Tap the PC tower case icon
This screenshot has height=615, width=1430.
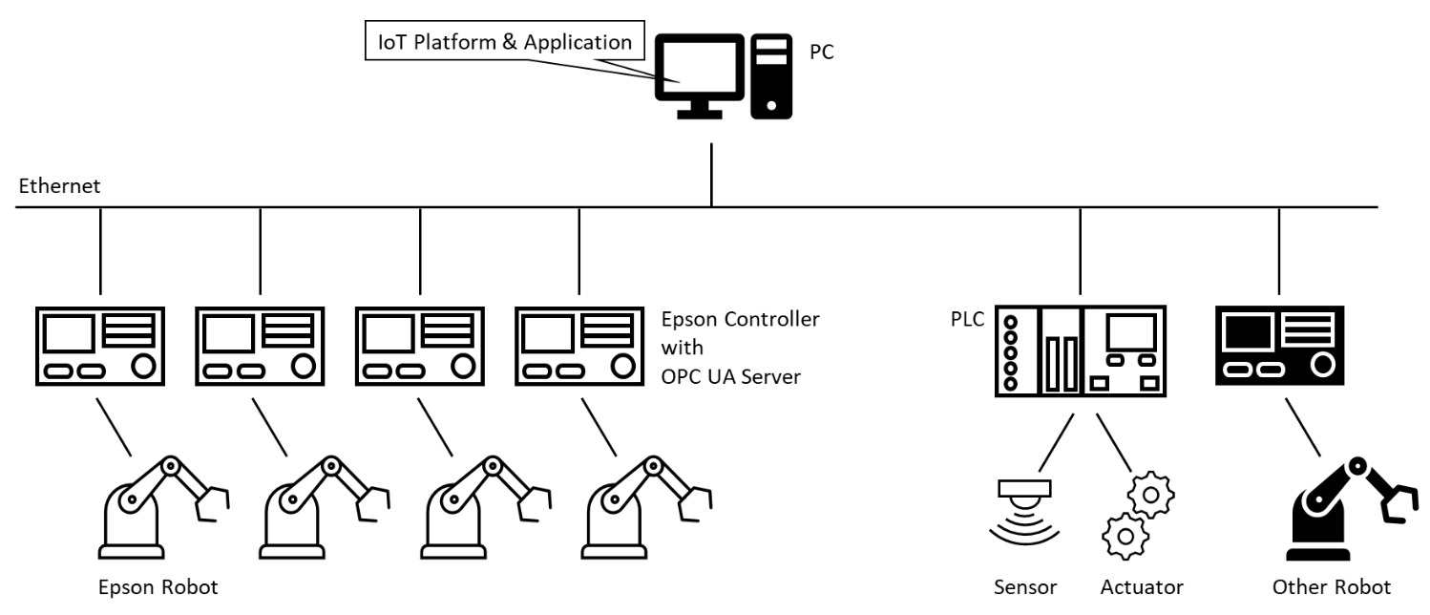coord(771,76)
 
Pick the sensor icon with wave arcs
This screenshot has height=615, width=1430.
coord(1022,512)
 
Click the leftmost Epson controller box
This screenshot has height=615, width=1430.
coord(99,346)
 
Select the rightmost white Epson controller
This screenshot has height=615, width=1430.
coord(578,346)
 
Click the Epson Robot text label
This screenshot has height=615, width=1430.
coord(158,587)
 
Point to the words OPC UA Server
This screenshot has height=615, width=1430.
coord(730,376)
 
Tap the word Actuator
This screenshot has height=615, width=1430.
coord(1142,587)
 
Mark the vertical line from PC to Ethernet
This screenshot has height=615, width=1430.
coord(710,176)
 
